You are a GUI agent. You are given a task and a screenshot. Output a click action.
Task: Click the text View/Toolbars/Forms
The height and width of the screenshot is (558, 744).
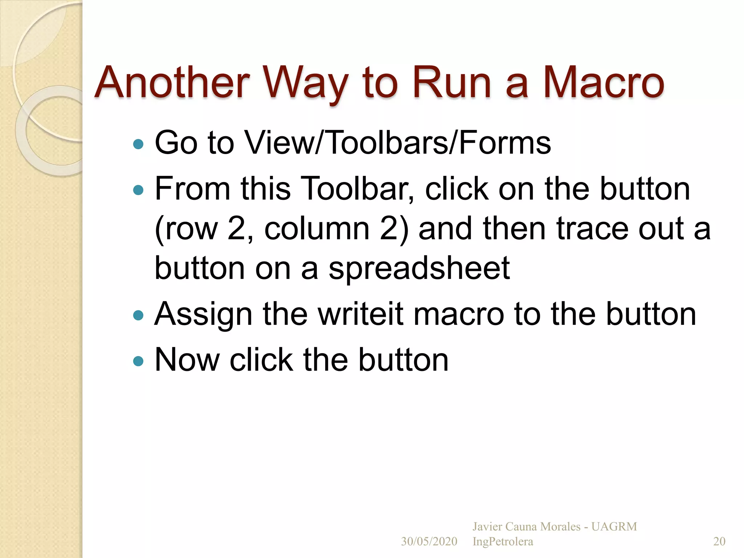[x=398, y=143]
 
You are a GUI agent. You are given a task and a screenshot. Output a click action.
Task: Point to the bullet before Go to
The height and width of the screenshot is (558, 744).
[x=138, y=144]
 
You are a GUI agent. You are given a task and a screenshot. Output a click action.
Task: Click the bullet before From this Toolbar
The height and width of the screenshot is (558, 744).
[x=138, y=190]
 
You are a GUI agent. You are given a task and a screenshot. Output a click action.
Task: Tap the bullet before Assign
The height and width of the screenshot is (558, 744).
[x=138, y=315]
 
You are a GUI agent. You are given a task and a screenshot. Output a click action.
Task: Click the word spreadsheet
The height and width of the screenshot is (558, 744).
[x=419, y=269]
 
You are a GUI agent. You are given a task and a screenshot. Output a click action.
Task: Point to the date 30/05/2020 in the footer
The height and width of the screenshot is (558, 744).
[x=429, y=541]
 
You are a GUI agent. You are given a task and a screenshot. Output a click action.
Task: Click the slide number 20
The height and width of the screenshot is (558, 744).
[x=719, y=541]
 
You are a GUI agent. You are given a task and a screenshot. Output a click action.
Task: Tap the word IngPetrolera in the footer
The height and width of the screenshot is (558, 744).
[x=503, y=541]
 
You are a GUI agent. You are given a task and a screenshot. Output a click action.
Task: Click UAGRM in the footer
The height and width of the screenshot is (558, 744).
[x=614, y=526]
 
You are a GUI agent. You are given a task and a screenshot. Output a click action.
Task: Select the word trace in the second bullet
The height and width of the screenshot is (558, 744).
[x=592, y=229]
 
